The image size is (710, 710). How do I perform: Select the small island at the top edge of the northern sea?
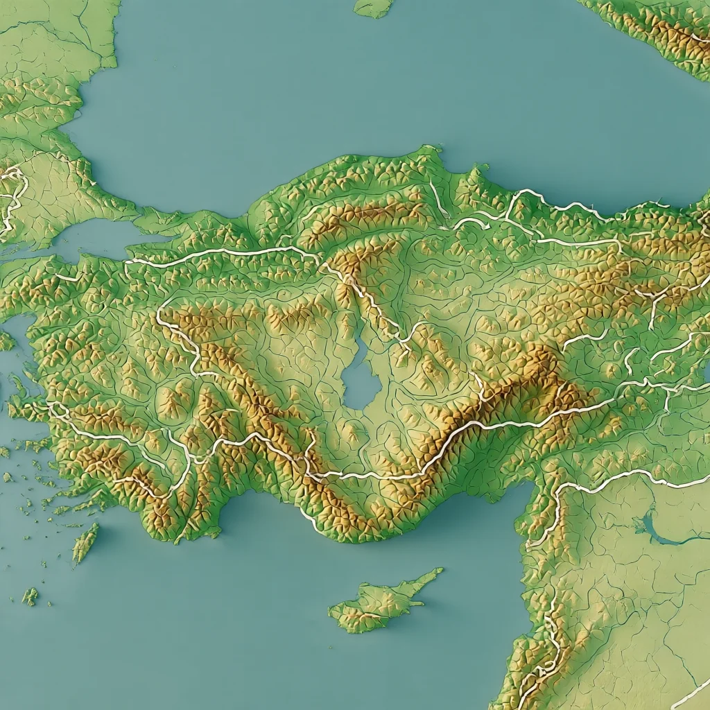tap(374, 7)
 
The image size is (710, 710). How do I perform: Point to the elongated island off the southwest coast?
tap(85, 543)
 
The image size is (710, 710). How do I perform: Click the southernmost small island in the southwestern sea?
tap(29, 596)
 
